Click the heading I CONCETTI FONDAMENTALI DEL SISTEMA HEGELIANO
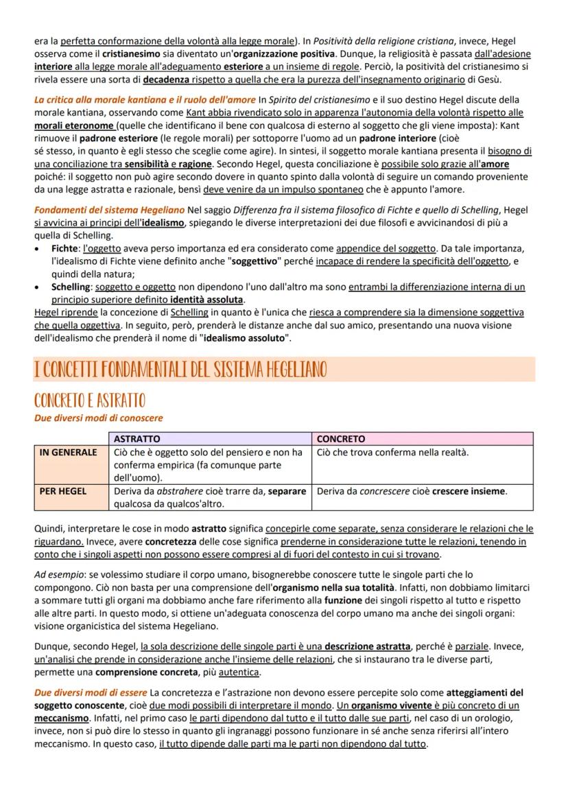point(180,370)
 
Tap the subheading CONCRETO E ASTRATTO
point(89,400)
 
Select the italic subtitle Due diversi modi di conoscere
point(98,418)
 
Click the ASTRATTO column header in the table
point(137,439)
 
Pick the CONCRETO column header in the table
point(341,439)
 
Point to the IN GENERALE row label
point(69,453)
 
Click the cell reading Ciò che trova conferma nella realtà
point(392,453)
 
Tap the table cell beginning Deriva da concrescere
point(412,491)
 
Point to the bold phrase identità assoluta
point(206,300)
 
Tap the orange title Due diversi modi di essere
point(91,693)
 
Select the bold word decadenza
point(169,80)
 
